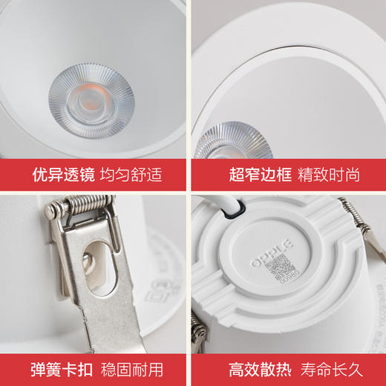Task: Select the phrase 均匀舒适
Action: click(133, 175)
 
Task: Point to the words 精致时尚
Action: click(328, 175)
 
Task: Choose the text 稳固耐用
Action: click(133, 368)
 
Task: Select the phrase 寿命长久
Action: click(328, 368)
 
